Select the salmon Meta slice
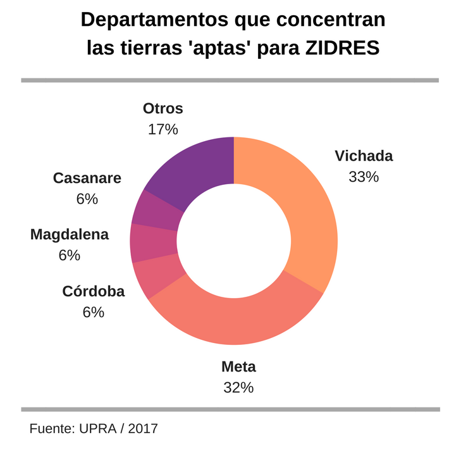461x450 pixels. click(x=240, y=320)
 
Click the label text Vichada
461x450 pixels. click(x=364, y=156)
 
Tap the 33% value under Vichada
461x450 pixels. click(x=364, y=177)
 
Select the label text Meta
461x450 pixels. click(x=238, y=366)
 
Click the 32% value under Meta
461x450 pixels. click(x=238, y=387)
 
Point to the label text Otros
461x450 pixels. click(x=163, y=108)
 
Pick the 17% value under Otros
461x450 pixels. click(x=163, y=129)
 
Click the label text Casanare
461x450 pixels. click(x=87, y=178)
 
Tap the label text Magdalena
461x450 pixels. click(x=70, y=235)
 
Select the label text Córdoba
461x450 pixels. click(x=94, y=292)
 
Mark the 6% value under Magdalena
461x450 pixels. click(x=70, y=255)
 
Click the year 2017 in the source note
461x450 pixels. click(x=143, y=428)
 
